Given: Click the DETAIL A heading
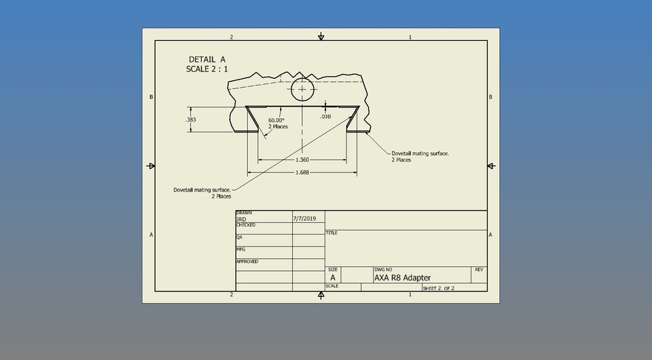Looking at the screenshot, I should pos(206,59).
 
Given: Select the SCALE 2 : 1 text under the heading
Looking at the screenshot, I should pos(207,69).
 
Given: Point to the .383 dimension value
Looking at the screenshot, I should pos(190,120).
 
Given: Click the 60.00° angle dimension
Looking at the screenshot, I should pos(276,120).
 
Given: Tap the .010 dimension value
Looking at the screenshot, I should pos(325,116).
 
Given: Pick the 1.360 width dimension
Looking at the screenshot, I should pos(302,160).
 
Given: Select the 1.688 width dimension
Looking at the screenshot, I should pos(302,173).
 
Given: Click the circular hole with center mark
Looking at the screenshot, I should pos(302,89).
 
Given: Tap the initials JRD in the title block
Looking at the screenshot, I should pos(241,219).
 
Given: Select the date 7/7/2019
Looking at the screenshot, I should pos(304,219).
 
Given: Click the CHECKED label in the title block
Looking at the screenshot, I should pos(245,225).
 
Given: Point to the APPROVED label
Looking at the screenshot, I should pos(247,262).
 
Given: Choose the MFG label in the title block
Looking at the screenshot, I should pos(240,249).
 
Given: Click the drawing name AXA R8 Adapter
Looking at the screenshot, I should pos(402,277).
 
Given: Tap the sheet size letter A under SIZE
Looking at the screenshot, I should pos(333,278).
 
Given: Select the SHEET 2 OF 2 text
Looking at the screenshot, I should pos(438,288).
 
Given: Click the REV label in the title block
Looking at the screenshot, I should pos(479,270).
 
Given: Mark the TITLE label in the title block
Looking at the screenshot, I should pos(331,233).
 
